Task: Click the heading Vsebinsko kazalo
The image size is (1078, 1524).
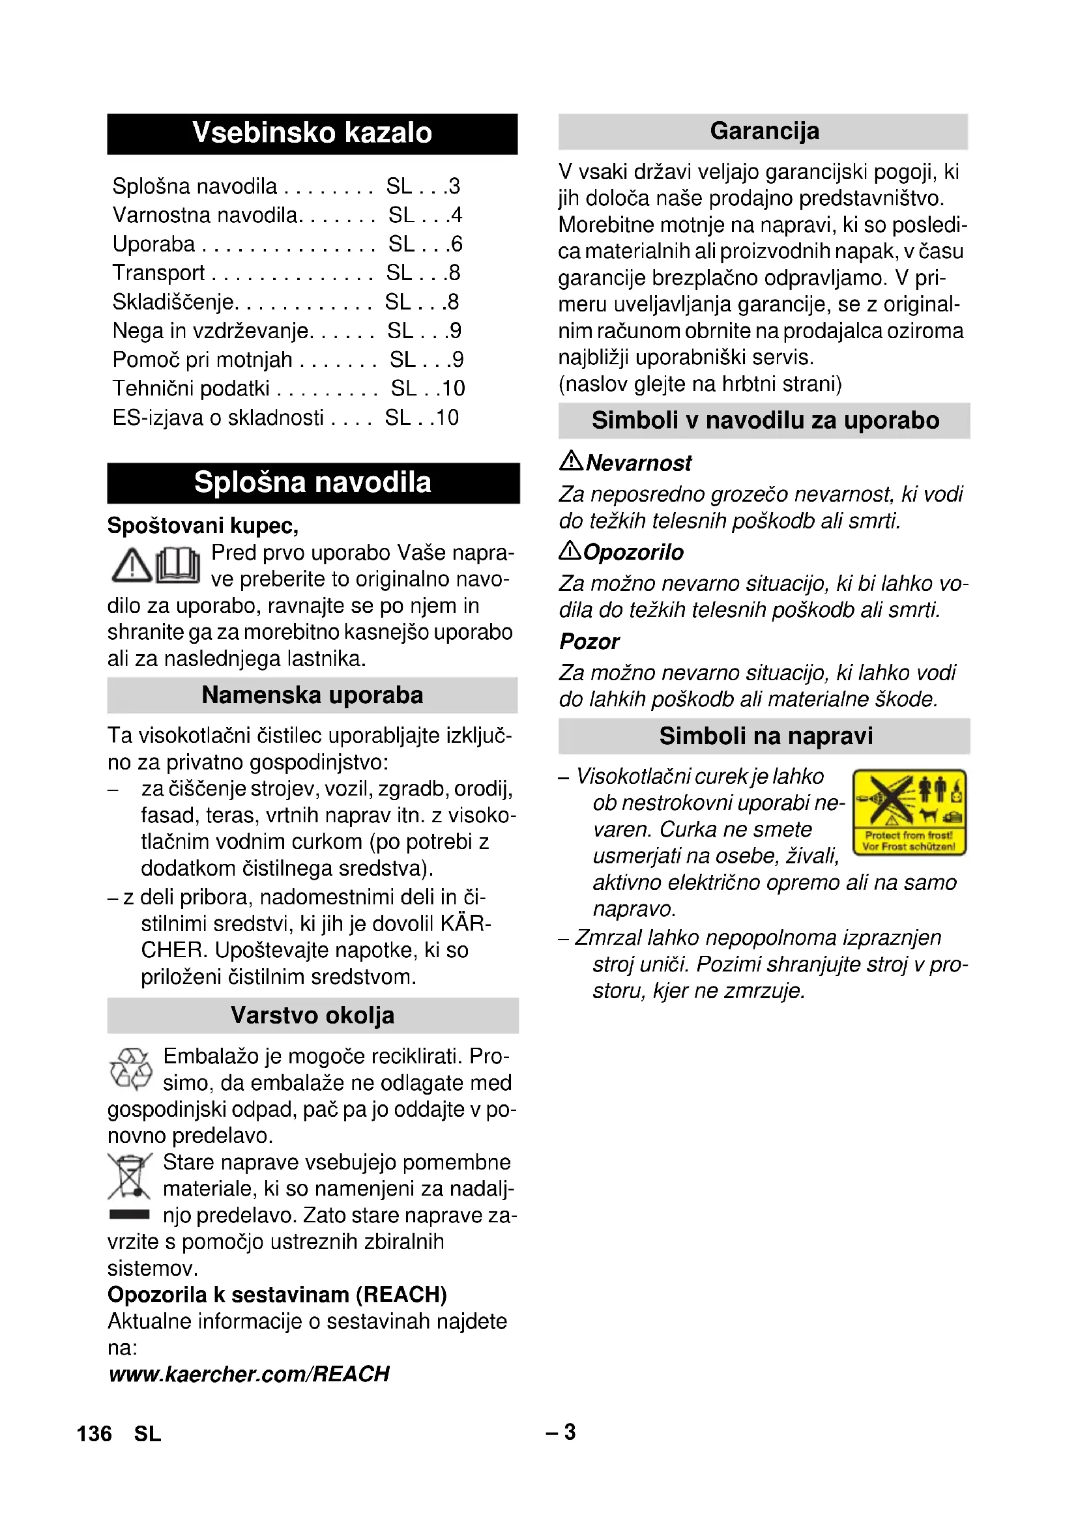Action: (x=312, y=134)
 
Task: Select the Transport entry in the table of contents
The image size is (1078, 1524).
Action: (x=158, y=273)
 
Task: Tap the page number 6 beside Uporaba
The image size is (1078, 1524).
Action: (x=456, y=244)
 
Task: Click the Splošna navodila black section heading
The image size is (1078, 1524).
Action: (x=313, y=483)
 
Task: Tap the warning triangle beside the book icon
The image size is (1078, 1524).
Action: (x=132, y=566)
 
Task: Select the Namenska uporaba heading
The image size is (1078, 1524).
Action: (x=312, y=695)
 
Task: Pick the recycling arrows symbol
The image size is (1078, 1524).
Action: (x=130, y=1069)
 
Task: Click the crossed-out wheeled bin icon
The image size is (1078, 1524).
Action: (x=130, y=1177)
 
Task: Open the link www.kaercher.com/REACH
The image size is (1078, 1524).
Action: (x=249, y=1374)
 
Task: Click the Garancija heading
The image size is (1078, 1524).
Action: (x=764, y=132)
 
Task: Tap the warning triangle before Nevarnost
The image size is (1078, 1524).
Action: (x=571, y=460)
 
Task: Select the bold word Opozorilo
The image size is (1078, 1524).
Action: (x=634, y=553)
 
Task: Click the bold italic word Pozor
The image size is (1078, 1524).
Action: (x=589, y=642)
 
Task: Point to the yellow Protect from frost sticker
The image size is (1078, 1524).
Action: (x=909, y=812)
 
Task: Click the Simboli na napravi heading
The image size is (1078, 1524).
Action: (x=765, y=736)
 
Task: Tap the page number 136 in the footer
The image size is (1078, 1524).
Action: (x=95, y=1433)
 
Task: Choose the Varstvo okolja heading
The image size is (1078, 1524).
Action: (x=312, y=1016)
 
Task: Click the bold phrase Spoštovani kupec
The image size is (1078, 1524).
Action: (x=203, y=526)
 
